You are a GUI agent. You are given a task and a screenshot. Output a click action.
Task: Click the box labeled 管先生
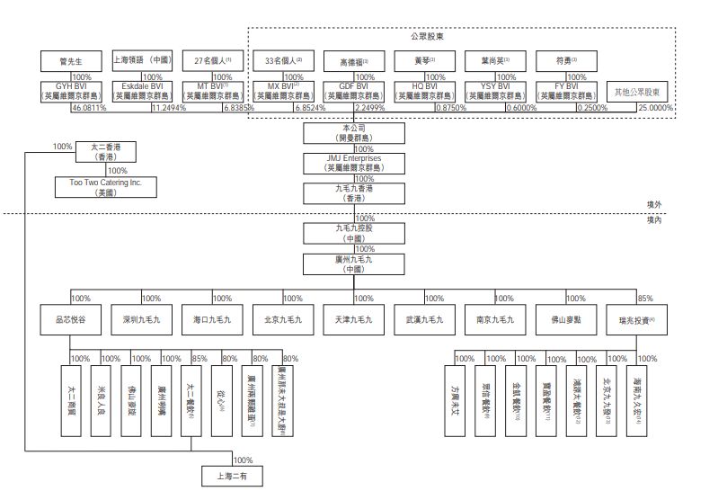coord(71,62)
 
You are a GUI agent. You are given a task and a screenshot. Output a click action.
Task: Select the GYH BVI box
coord(71,91)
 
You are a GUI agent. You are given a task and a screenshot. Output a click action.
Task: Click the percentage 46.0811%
coord(89,108)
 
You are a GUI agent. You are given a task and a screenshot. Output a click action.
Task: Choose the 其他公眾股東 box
coord(642,92)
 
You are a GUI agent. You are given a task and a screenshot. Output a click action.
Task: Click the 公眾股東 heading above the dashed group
coord(427,37)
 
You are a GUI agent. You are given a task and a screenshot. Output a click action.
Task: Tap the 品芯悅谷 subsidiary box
coord(71,319)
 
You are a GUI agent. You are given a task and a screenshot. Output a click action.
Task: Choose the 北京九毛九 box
coord(283,319)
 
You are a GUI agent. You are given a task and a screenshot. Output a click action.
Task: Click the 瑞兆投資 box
coord(636,319)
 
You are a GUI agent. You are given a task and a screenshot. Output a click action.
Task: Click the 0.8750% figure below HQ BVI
coord(449,108)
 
